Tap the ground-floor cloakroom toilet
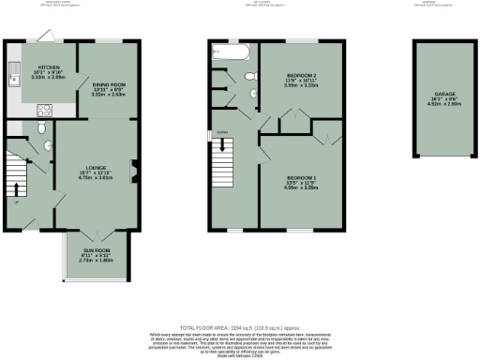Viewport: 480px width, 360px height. [42, 128]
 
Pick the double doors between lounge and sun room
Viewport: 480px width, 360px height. [90, 232]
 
